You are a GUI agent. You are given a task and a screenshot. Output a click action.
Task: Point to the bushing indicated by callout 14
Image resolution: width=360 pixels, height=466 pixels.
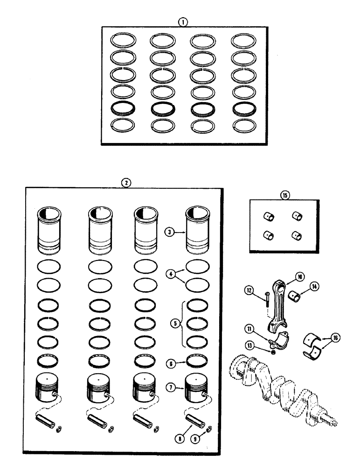coord(295,295)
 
